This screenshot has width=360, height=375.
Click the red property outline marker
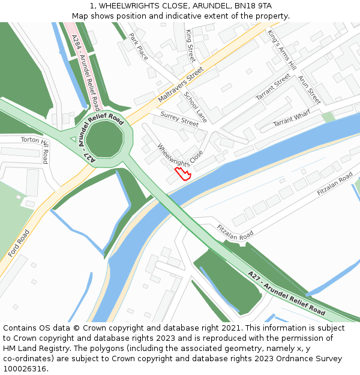pos(183,174)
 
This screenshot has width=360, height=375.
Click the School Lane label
pos(196,107)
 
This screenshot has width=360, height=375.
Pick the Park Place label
pos(139,46)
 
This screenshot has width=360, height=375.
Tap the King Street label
pos(191,45)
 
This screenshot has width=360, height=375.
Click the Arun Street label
pos(309,90)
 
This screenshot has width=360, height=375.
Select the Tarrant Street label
pos(273,87)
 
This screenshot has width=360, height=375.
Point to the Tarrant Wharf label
pos(292,118)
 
